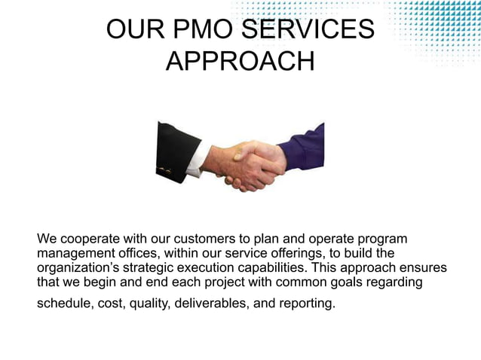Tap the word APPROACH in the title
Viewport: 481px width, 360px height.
(240, 62)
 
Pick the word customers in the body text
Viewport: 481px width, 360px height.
(217, 239)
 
